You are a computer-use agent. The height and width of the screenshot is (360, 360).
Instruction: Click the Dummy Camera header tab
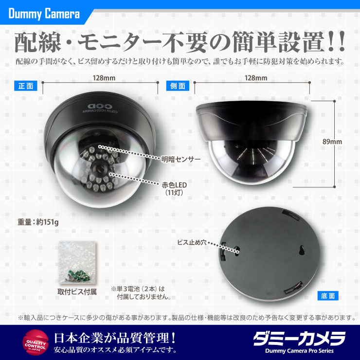(43, 13)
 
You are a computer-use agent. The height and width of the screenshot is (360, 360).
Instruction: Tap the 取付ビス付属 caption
(77, 292)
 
